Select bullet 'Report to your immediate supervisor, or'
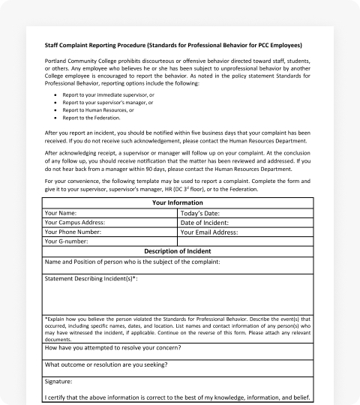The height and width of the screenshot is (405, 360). pyautogui.click(x=109, y=96)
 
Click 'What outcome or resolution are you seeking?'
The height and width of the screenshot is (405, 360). pyautogui.click(x=106, y=364)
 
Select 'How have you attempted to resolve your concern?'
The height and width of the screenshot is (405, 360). pyautogui.click(x=112, y=348)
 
